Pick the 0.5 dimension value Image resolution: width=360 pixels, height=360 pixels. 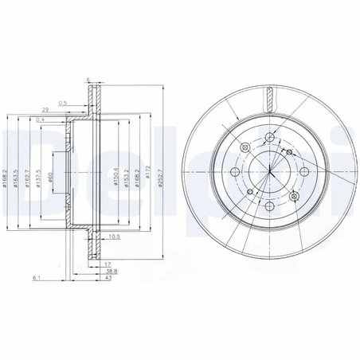point(84,100)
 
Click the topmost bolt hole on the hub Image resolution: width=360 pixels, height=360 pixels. point(270,139)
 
